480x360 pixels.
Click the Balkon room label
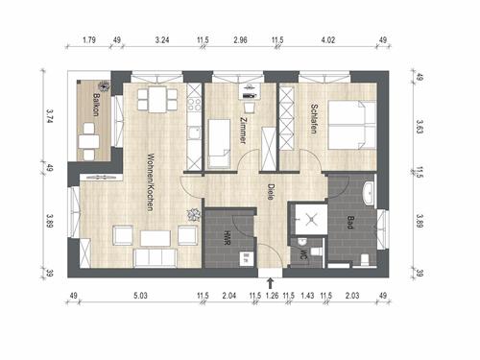[96, 105]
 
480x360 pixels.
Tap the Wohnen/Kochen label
[151, 182]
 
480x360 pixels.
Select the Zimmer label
[244, 130]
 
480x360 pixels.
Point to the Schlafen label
[314, 119]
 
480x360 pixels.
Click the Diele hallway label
[271, 192]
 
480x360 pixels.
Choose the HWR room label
[228, 238]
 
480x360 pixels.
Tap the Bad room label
[350, 222]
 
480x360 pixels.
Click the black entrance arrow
[271, 283]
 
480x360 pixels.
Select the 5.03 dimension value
[140, 295]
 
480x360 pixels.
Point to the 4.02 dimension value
[328, 40]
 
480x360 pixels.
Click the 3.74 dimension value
[49, 116]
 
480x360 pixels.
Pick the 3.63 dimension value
[420, 126]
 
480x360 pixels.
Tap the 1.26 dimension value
[273, 295]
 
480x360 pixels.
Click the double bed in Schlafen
[351, 125]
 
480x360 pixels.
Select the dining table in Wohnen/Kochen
[157, 100]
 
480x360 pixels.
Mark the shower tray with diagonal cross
[311, 220]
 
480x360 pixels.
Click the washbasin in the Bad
[369, 193]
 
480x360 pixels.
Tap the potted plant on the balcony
[104, 85]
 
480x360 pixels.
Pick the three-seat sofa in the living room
[156, 257]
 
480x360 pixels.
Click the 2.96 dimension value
[240, 40]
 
